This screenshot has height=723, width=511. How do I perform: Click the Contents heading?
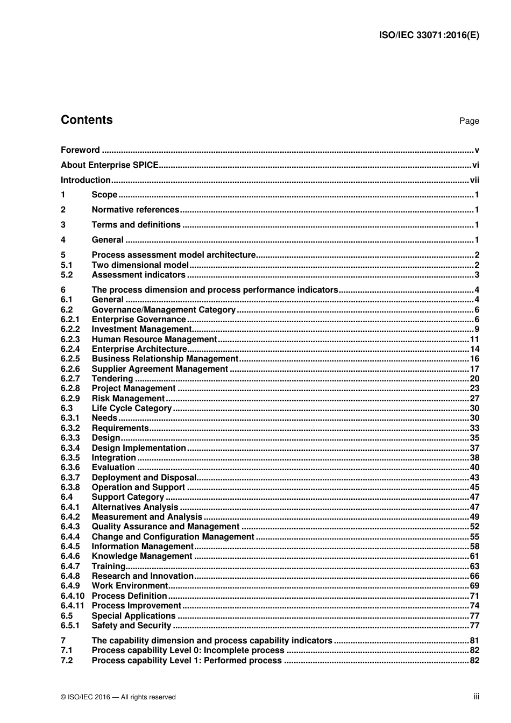87,120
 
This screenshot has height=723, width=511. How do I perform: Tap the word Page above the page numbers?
469,121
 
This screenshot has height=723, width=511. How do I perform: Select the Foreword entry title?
80,150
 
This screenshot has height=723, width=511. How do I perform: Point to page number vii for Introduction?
474,180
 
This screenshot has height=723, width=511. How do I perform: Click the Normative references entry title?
135,210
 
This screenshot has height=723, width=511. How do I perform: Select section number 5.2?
67,275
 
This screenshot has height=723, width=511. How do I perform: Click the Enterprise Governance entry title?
138,320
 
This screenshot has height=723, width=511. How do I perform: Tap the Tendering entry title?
112,379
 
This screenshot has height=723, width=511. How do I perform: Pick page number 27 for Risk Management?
474,399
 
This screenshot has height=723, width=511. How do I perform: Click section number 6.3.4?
70,448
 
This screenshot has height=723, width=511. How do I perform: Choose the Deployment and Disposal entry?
144,478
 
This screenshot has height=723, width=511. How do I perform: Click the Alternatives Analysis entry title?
134,507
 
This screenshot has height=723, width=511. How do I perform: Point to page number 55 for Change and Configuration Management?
474,537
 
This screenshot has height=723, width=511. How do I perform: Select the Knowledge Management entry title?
141,556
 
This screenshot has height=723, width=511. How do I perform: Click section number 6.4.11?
72,606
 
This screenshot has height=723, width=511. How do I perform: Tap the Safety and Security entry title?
131,626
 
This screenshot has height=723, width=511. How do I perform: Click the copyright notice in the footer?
118,697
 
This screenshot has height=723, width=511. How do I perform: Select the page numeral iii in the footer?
476,697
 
